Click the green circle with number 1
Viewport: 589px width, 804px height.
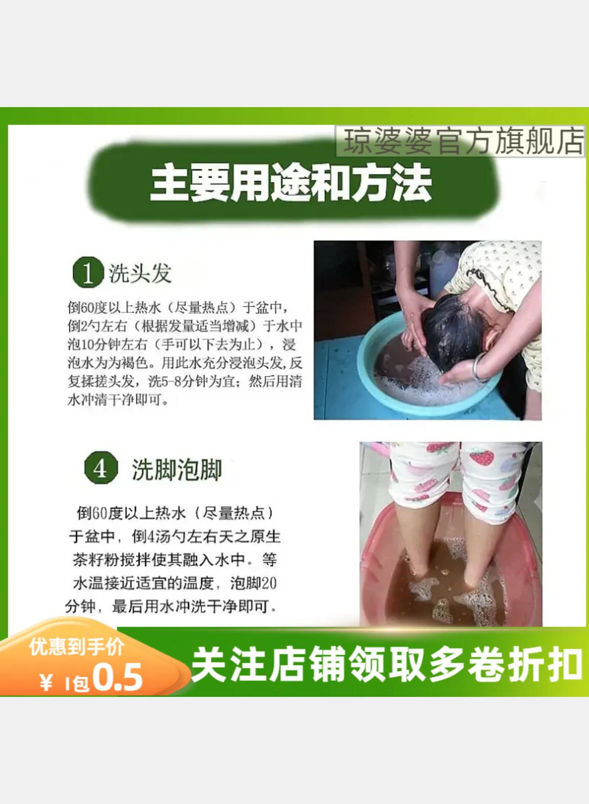[88, 272]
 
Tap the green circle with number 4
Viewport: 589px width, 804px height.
[101, 468]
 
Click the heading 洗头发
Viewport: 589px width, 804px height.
[140, 273]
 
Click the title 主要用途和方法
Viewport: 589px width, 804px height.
[291, 183]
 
